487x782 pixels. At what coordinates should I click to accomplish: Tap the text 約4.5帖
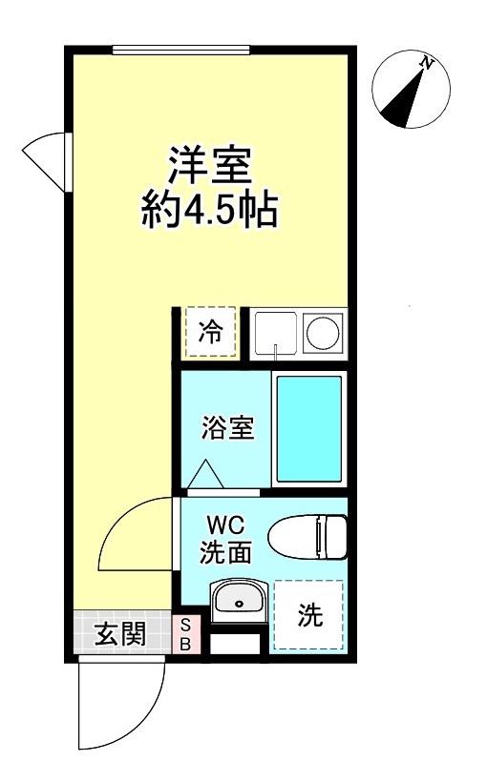pyautogui.click(x=210, y=209)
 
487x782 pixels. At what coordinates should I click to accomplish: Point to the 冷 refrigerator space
pyautogui.click(x=210, y=333)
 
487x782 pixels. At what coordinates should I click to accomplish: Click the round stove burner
pyautogui.click(x=324, y=334)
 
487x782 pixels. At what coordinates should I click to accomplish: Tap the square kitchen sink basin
pyautogui.click(x=275, y=334)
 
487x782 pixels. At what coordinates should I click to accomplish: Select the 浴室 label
pyautogui.click(x=227, y=429)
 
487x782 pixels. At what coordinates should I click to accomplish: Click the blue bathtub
pyautogui.click(x=308, y=429)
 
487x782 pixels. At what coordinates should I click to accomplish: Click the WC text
pyautogui.click(x=226, y=525)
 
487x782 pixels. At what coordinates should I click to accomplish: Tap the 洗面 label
pyautogui.click(x=226, y=551)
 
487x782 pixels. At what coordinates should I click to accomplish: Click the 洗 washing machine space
pyautogui.click(x=308, y=616)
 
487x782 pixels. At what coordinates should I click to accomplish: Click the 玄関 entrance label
pyautogui.click(x=120, y=633)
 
